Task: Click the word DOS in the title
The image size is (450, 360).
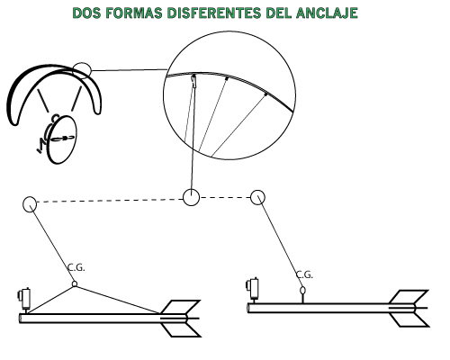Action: click(x=87, y=13)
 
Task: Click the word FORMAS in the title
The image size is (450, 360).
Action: click(x=134, y=13)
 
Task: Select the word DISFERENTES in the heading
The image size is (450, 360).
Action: click(x=214, y=13)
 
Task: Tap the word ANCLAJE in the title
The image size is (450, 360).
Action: click(x=327, y=13)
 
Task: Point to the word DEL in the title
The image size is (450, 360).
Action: click(x=279, y=13)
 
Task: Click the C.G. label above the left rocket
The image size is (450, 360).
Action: click(x=76, y=267)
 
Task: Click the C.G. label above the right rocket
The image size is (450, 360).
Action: click(x=304, y=274)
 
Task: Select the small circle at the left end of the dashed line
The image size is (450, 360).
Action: click(x=30, y=204)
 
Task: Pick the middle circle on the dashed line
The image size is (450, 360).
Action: click(x=191, y=197)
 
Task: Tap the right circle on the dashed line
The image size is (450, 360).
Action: click(x=257, y=197)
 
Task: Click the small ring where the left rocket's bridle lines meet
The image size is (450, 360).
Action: click(x=75, y=283)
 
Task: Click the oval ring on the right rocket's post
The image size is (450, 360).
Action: click(x=303, y=290)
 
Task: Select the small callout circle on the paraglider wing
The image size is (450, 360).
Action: click(x=82, y=70)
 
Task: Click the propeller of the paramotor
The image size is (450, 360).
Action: click(x=63, y=139)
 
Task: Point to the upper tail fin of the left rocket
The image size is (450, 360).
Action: click(x=180, y=308)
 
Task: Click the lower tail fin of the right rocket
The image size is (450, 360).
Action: click(x=409, y=319)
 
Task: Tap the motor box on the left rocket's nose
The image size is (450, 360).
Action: click(x=24, y=298)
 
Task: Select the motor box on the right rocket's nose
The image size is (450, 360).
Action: click(x=253, y=289)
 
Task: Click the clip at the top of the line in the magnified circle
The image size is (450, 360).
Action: click(x=194, y=80)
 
